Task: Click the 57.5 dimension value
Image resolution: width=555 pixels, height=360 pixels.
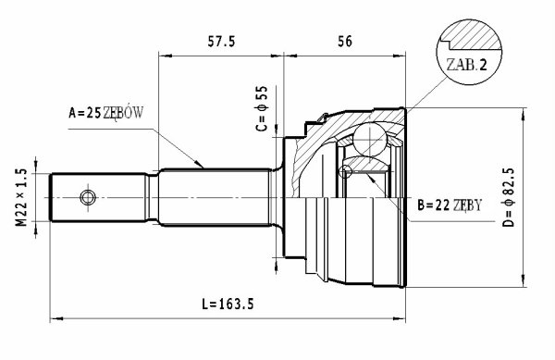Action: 221,42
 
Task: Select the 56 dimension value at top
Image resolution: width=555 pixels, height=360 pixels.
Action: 345,42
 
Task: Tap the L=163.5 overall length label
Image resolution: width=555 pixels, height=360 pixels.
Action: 228,304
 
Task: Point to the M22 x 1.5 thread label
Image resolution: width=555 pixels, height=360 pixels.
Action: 21,197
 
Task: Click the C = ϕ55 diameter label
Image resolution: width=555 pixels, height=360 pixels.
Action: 263,108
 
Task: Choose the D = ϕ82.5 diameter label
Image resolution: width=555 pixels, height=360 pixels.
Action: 509,197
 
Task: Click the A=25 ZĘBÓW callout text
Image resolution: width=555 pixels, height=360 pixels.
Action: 105,113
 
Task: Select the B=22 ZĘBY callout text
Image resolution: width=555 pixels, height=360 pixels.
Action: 450,205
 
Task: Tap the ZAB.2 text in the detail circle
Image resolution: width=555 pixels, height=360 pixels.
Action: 466,65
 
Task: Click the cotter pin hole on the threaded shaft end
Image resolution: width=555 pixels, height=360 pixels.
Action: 88,197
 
